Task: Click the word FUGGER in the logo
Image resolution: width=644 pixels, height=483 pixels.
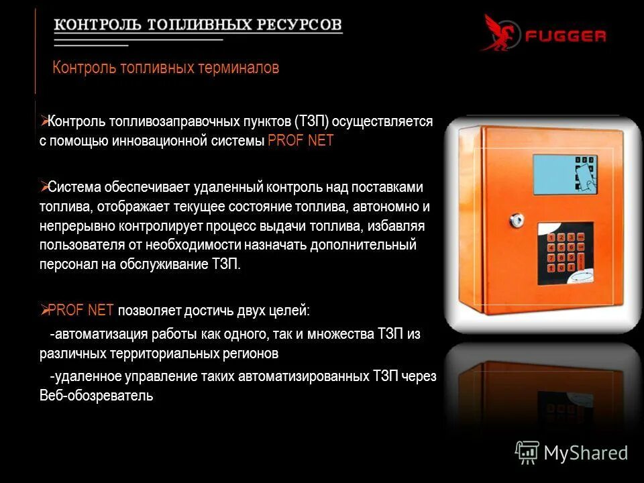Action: click(x=565, y=36)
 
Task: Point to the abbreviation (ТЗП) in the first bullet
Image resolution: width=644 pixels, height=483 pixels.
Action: click(x=310, y=122)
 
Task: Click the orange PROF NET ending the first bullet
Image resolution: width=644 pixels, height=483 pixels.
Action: click(x=300, y=142)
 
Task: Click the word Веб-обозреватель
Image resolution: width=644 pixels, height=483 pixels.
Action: click(x=97, y=396)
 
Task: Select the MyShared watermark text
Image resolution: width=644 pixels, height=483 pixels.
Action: click(x=586, y=453)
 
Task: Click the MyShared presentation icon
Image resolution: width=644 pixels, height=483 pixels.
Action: click(x=527, y=453)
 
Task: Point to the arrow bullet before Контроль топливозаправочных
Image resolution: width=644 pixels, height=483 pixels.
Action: click(x=44, y=121)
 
